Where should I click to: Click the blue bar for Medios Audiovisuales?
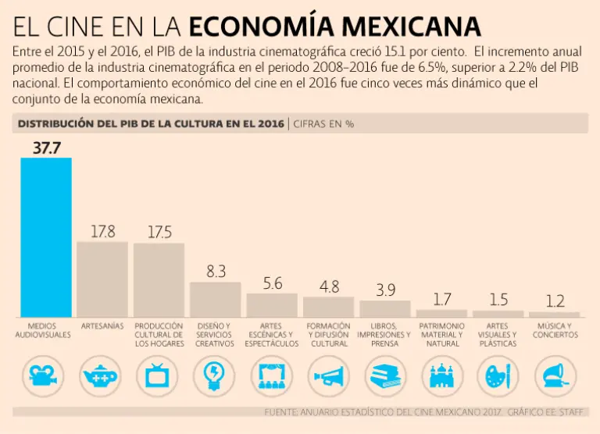(x=45, y=237)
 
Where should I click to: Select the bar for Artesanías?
(x=102, y=279)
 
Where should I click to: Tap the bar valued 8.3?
(x=216, y=299)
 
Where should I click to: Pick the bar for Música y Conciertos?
(x=555, y=315)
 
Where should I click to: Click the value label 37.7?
(x=46, y=148)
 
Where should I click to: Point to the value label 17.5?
(x=159, y=232)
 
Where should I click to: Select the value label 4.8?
(x=329, y=286)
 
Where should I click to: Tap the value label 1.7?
(x=441, y=299)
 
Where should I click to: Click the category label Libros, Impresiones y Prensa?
(x=384, y=334)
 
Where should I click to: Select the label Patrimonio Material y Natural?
(x=442, y=334)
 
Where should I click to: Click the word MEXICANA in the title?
(x=413, y=27)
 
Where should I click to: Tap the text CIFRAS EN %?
(x=324, y=123)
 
